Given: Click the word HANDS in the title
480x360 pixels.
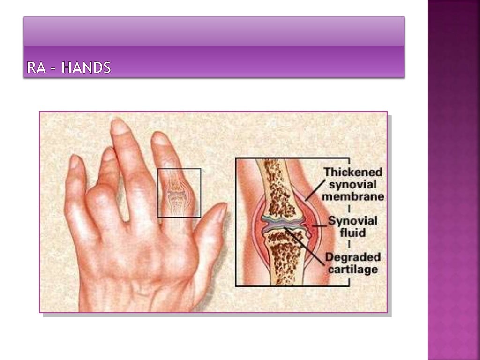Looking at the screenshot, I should pos(86,68).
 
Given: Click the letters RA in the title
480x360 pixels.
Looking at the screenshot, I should pos(36,68).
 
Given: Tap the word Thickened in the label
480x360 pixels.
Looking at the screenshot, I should pos(353,172).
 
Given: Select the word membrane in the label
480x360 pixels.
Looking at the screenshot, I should pos(353,196).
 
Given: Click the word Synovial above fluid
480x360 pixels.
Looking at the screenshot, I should pos(352,220).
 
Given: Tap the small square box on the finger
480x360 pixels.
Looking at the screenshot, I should pos(179,193).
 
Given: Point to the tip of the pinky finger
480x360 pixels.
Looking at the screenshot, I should pos(74,162).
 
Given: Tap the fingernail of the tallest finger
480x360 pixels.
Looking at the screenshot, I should pos(120,127).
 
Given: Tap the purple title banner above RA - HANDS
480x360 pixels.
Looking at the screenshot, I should pos(214,32).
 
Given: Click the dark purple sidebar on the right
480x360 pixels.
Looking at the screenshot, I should pos(454,180).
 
